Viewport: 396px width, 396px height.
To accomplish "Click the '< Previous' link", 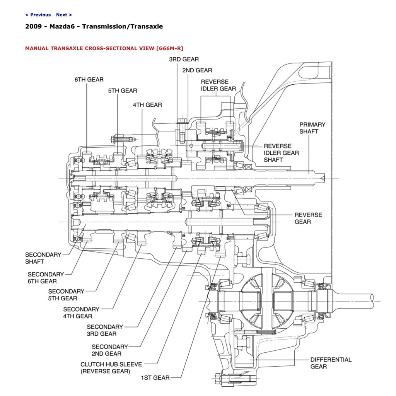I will tap(38, 15).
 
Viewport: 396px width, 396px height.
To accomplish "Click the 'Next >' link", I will tap(64, 15).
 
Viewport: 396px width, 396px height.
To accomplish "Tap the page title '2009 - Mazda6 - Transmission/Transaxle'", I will tap(94, 27).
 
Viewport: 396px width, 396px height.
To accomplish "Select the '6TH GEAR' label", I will tap(89, 80).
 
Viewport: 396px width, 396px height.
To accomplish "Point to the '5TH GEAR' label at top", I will tap(123, 91).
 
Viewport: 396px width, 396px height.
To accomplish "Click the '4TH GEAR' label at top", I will tap(147, 105).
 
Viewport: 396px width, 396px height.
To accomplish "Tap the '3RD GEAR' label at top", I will tap(184, 60).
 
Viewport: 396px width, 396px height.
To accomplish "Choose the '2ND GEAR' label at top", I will tap(197, 70).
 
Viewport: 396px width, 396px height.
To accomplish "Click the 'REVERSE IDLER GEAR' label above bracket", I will tap(218, 85).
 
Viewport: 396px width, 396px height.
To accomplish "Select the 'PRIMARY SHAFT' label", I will tap(312, 128).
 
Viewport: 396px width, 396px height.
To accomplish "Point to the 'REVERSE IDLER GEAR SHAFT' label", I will tap(281, 153).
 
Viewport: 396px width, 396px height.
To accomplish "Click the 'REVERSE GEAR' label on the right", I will tap(308, 218).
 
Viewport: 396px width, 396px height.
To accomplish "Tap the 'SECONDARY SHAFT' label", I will tap(43, 258).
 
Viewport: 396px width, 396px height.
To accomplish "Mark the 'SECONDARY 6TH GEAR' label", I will tap(45, 278).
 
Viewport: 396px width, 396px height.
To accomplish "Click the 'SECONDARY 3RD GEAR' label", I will tap(105, 330).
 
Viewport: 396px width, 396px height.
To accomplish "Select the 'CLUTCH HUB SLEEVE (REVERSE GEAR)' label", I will tap(111, 367).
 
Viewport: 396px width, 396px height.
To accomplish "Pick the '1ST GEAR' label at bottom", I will tap(155, 377).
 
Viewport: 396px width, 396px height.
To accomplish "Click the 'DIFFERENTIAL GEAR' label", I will tap(331, 363).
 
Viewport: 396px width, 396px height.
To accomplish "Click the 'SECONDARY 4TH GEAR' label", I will tap(81, 312).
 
